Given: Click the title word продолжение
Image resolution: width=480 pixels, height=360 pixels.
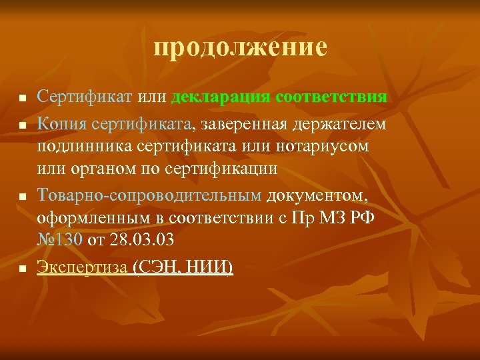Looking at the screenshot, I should click(240, 47).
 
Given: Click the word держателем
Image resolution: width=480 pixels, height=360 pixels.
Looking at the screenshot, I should click(341, 122).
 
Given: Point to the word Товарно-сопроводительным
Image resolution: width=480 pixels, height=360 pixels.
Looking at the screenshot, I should click(149, 195).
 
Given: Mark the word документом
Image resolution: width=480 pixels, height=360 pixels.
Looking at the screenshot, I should click(315, 195).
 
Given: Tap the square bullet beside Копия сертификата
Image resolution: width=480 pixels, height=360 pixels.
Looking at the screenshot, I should click(22, 124).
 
